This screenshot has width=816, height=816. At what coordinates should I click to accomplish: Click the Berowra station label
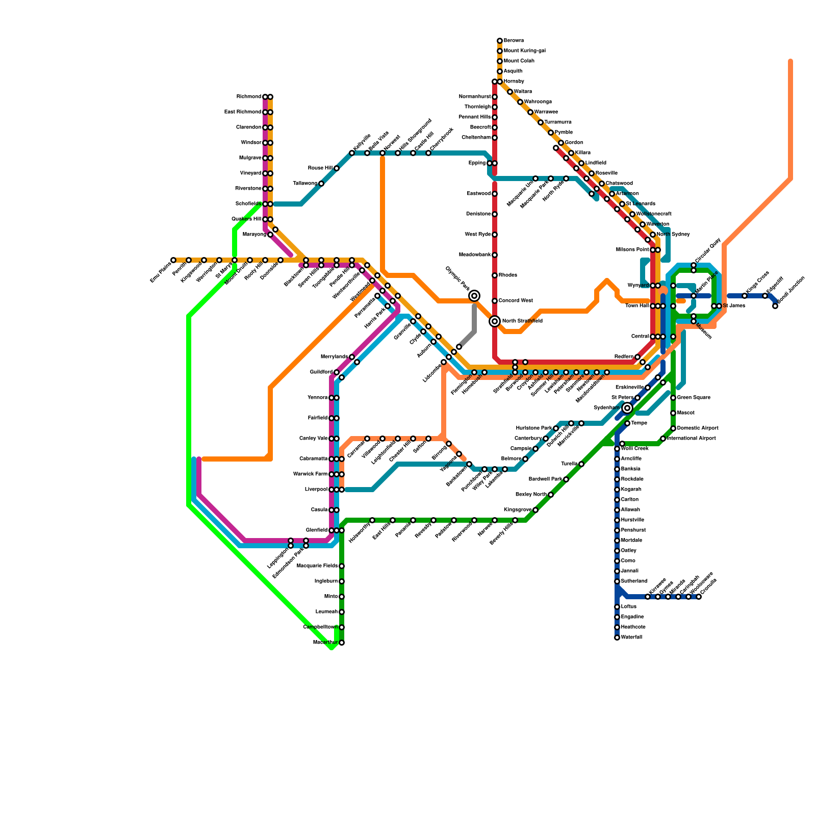[x=514, y=41]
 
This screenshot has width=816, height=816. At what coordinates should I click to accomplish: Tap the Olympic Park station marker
[x=474, y=296]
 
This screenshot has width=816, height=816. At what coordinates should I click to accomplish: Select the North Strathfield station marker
[x=495, y=321]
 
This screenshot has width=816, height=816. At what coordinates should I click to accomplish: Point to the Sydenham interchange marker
[x=627, y=408]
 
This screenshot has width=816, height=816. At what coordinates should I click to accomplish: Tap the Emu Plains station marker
[x=173, y=260]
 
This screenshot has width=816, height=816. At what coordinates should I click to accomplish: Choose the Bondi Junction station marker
[x=775, y=306]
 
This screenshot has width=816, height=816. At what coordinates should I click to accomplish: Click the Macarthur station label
[x=325, y=643]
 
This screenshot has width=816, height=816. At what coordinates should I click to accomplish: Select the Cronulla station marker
[x=699, y=597]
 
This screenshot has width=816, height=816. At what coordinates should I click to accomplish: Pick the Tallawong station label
[x=305, y=184]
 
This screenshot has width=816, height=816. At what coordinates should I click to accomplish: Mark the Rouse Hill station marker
[x=337, y=168]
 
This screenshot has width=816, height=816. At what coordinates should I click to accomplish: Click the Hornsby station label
[x=514, y=82]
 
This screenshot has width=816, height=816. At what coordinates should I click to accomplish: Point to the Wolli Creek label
[x=634, y=449]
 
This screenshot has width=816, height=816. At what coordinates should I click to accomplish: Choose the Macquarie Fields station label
[x=317, y=566]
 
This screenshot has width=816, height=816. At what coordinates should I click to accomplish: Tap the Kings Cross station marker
[x=745, y=296]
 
